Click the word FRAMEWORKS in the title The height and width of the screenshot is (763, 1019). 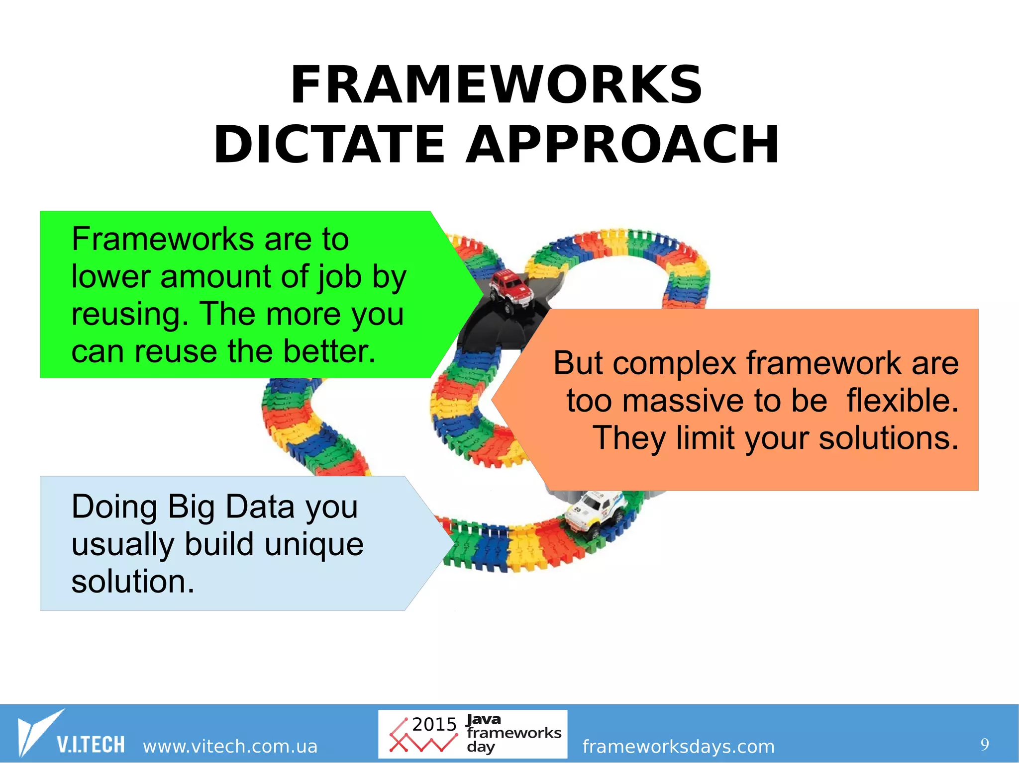[496, 85]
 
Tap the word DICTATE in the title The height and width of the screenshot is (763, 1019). [329, 145]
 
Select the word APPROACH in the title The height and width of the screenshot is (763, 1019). [622, 145]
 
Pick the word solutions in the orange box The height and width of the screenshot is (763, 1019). [888, 438]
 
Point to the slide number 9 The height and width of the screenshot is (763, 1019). [984, 744]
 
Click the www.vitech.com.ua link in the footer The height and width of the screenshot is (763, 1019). [230, 746]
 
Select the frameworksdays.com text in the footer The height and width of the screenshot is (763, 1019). [678, 746]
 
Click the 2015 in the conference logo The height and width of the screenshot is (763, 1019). [434, 724]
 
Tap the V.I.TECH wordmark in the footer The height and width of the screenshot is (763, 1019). [91, 745]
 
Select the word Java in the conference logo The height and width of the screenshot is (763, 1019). [484, 719]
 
